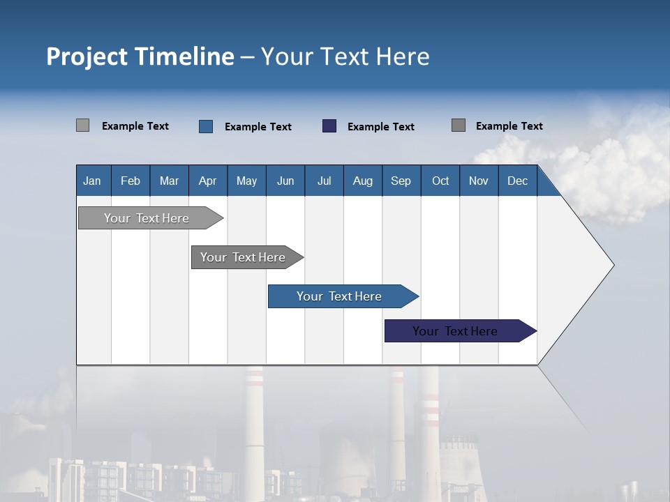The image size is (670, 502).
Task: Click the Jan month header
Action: tap(92, 181)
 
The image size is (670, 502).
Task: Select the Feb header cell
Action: tap(131, 181)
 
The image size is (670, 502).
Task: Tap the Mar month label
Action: tap(169, 181)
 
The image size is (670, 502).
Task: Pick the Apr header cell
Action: tap(208, 181)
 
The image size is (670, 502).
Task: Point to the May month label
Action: tap(246, 181)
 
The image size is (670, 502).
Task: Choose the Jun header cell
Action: tap(285, 181)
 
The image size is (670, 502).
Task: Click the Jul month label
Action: tap(324, 181)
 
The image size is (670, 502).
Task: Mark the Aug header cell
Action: tap(363, 181)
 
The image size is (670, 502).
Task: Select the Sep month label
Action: tap(401, 181)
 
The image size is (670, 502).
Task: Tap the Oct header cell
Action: tap(440, 181)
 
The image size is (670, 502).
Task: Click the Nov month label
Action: tap(479, 181)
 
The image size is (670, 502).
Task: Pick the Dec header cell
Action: tap(518, 181)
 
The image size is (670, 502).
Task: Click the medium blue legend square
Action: tap(206, 126)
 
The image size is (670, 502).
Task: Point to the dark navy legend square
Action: tap(329, 126)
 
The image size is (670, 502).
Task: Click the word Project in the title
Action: tap(87, 56)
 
